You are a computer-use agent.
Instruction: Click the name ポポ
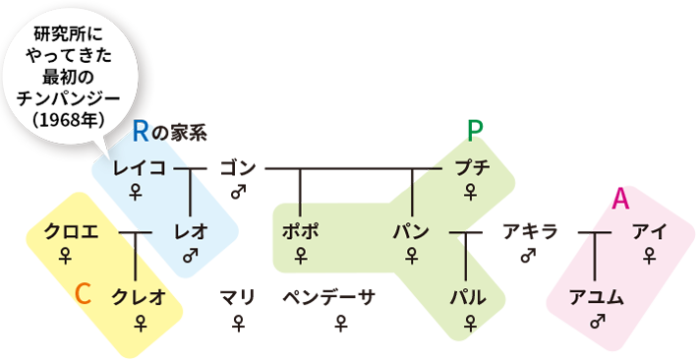click(x=300, y=232)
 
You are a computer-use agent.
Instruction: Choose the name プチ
click(x=473, y=168)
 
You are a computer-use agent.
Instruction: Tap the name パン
click(x=410, y=232)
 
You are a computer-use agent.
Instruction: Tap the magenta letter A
click(x=620, y=201)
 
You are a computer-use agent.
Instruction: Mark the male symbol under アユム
click(x=596, y=321)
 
